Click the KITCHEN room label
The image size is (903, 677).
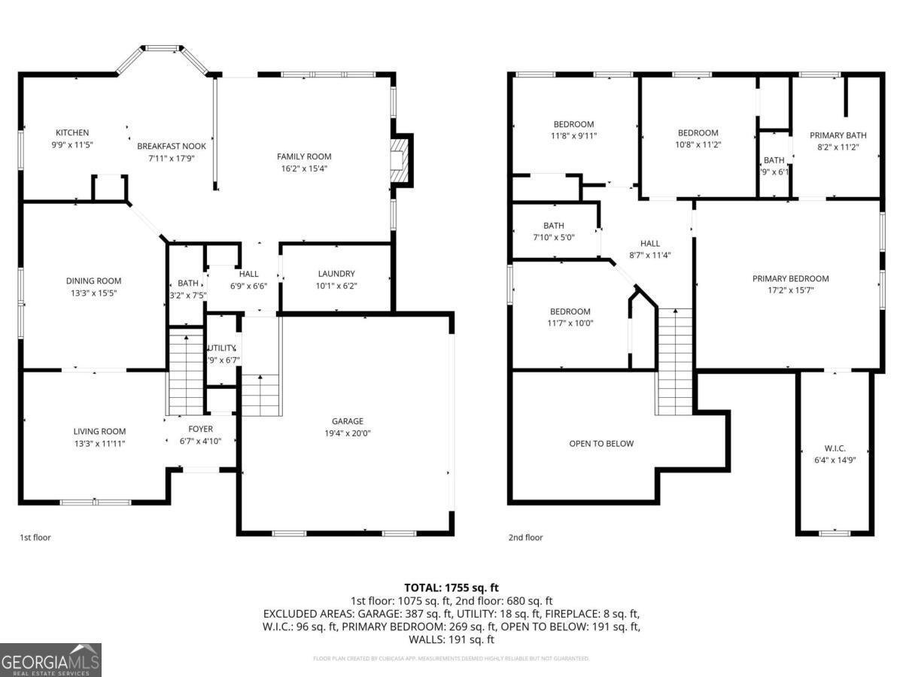click(x=71, y=133)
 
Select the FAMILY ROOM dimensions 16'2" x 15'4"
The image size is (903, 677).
click(x=303, y=168)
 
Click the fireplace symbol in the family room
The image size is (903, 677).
click(x=400, y=160)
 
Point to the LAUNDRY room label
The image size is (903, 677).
click(x=336, y=274)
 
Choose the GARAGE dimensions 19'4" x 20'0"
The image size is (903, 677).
click(x=347, y=433)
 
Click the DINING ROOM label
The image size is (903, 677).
click(x=93, y=281)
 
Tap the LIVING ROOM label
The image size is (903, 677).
click(x=99, y=432)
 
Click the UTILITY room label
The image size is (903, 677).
click(x=222, y=348)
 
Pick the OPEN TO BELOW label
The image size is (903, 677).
click(x=601, y=444)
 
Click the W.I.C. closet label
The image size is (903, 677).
click(x=835, y=448)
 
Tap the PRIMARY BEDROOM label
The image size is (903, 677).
click(x=790, y=278)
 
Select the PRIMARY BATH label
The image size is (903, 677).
click(x=838, y=135)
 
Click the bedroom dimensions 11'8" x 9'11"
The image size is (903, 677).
click(x=573, y=136)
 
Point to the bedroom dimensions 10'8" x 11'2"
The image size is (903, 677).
click(x=698, y=144)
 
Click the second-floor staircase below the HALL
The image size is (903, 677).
click(x=675, y=361)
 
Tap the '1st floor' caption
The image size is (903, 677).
click(x=35, y=538)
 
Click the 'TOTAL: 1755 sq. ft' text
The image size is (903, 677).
click(x=451, y=587)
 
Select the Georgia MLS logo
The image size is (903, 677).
click(x=51, y=660)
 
